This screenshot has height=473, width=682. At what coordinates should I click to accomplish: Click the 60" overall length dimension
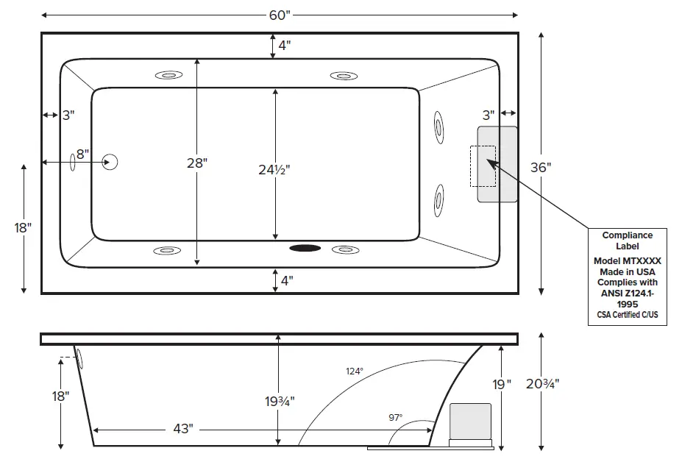point(280,15)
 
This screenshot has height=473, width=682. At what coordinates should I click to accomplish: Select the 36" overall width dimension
point(540,167)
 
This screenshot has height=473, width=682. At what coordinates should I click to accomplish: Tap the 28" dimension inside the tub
point(196,163)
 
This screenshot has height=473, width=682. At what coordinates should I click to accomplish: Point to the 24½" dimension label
point(274,169)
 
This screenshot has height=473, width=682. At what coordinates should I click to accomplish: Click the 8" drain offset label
point(81,154)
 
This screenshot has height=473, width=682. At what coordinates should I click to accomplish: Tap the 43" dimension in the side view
point(184,429)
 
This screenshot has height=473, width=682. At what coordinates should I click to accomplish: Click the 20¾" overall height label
point(543,383)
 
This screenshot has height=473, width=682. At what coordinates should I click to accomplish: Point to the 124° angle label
point(355,371)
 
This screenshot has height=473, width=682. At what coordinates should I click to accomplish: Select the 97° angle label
point(395,417)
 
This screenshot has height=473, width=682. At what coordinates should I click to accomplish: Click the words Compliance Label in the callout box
point(628,241)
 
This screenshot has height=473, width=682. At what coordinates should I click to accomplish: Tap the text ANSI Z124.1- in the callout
point(628,292)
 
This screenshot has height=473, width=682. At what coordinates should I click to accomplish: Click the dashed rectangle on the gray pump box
point(483,166)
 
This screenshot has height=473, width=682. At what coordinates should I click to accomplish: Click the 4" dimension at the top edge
point(284,45)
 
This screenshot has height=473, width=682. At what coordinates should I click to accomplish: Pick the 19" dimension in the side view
point(502,383)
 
